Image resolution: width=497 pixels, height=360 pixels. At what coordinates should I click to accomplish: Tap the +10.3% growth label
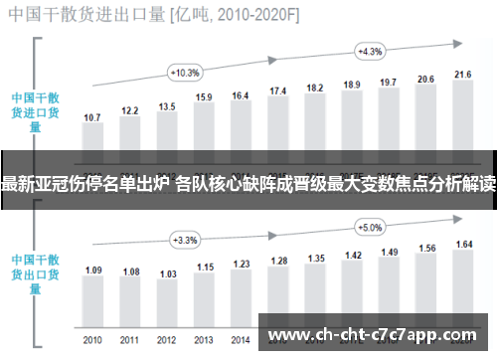[x=185, y=73]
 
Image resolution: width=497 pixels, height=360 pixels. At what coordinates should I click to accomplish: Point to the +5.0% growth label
[x=370, y=227]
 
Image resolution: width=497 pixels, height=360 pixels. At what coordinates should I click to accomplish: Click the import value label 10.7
[x=92, y=117]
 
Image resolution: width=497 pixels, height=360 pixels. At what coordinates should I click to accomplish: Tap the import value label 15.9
[x=204, y=97]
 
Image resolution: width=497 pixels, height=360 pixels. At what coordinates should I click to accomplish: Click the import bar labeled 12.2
[x=130, y=134]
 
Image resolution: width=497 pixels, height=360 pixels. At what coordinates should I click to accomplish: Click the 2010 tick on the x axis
[x=92, y=340]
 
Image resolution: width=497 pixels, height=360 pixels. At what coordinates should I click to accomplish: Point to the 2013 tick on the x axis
[x=204, y=340]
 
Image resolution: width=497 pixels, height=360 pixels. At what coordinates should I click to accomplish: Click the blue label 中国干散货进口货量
[x=36, y=112]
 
